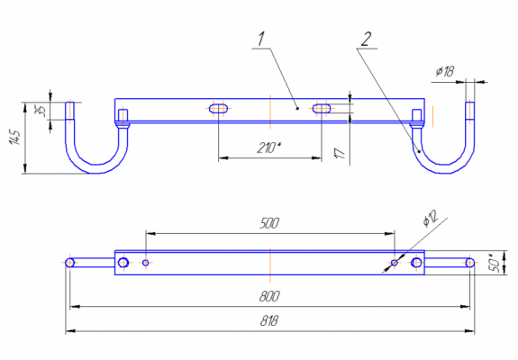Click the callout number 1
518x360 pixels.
261,40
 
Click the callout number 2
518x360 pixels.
366,40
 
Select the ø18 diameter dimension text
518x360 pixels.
445,71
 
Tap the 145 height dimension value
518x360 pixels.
14,137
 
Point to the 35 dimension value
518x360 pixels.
41,111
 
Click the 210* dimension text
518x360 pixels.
268,148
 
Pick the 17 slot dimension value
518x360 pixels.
340,153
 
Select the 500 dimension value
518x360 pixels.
269,223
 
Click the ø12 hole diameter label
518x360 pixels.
430,218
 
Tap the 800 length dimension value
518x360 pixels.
269,296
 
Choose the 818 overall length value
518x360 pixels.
269,320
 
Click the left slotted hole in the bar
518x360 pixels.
218,109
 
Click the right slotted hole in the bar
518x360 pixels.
322,109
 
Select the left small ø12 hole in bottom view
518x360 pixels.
146,263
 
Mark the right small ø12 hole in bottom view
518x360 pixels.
395,263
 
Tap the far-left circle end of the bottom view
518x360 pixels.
70,263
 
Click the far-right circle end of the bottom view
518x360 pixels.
470,263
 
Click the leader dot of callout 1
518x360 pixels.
297,108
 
